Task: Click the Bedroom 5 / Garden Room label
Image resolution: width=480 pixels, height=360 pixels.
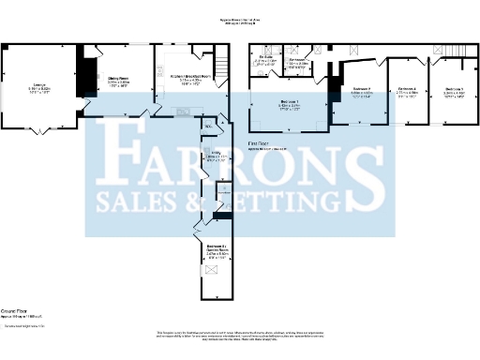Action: [x=217, y=251]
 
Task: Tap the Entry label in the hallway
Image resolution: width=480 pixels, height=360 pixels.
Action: [x=215, y=157]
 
